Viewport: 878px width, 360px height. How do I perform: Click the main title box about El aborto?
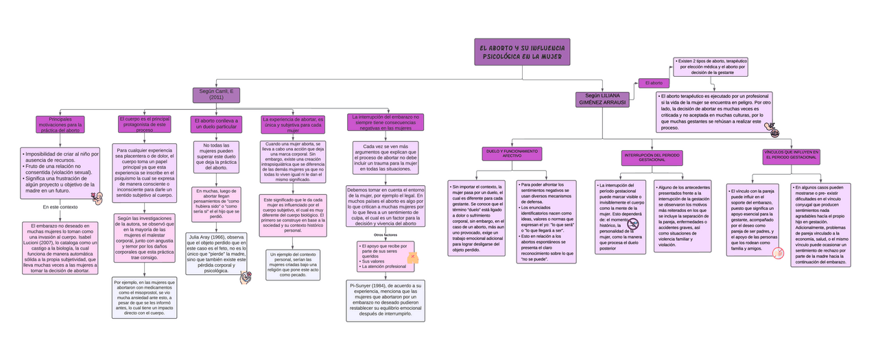(521, 52)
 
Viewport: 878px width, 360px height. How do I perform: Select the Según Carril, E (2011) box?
(216, 95)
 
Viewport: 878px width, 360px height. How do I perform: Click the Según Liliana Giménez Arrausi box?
(602, 99)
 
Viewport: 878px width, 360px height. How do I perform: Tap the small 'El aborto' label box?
(654, 83)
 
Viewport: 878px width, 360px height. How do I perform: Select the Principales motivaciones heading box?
(60, 125)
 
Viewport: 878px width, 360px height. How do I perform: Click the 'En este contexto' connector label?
(60, 207)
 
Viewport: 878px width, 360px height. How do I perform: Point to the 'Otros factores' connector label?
(385, 235)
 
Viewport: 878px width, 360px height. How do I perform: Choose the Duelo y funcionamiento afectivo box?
(512, 153)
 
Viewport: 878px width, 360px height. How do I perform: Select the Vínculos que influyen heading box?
(791, 156)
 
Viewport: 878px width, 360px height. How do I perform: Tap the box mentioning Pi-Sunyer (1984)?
(385, 300)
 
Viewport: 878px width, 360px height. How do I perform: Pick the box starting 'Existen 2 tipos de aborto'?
(710, 67)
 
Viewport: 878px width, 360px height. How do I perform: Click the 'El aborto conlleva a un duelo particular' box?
(217, 124)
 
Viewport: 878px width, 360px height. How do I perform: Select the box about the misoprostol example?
(143, 298)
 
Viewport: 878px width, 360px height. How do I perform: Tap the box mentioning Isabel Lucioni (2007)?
(60, 248)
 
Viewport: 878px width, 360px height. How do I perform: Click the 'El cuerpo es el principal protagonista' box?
(145, 124)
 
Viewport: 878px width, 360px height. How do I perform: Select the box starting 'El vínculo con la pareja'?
(752, 219)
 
